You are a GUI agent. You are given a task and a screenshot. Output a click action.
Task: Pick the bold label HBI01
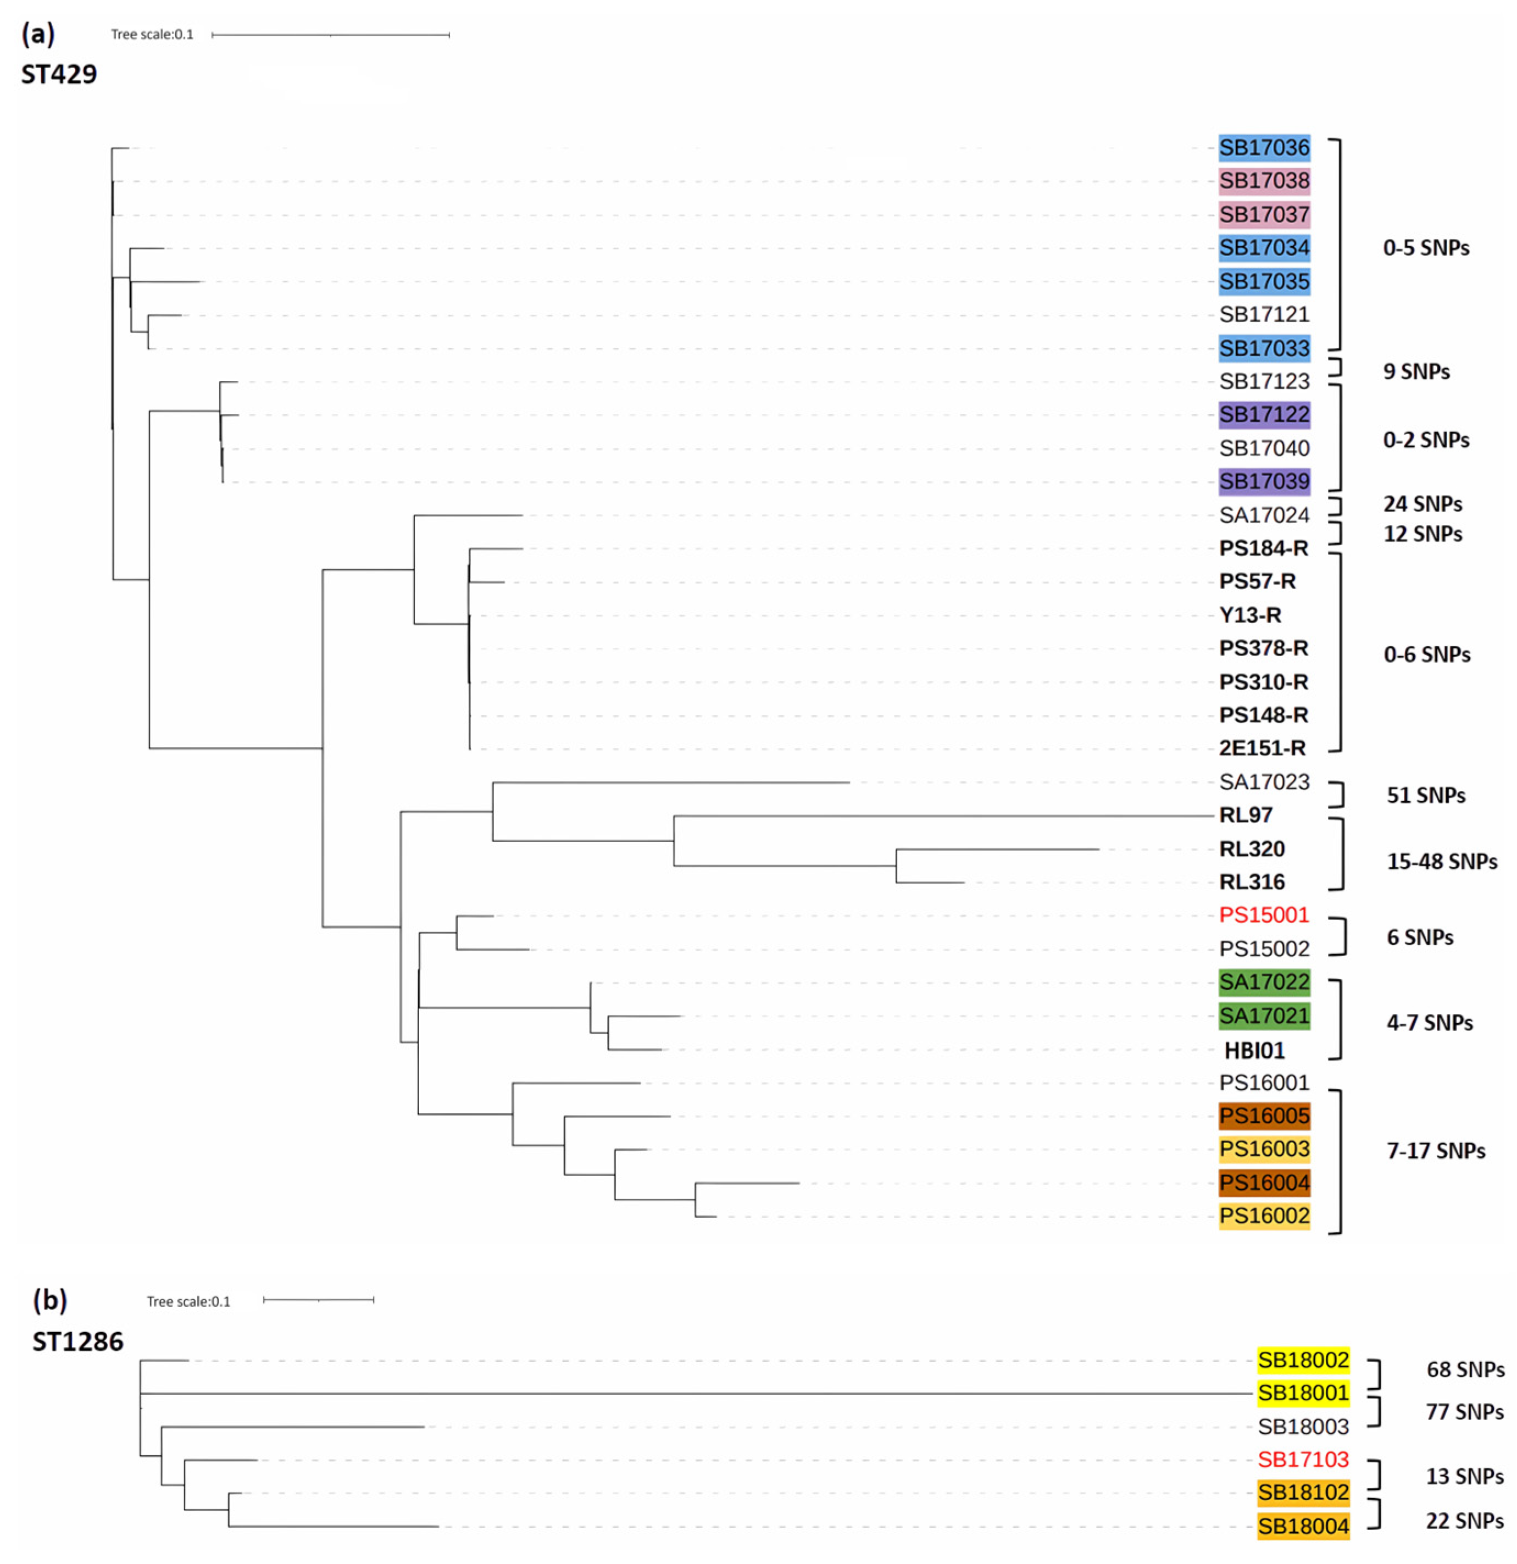(x=1254, y=1051)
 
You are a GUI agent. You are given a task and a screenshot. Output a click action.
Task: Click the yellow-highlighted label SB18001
(x=1302, y=1393)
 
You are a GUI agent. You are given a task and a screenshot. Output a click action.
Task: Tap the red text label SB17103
(x=1302, y=1460)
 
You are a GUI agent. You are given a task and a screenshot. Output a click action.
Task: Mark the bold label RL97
(x=1245, y=816)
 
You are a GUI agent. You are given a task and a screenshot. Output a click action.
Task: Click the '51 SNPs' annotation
(x=1425, y=796)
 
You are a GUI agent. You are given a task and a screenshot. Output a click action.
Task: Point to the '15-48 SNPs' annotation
(x=1441, y=862)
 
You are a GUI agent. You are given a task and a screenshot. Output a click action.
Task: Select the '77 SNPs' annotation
(x=1464, y=1412)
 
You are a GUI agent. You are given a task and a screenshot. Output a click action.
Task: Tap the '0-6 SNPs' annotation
(x=1426, y=655)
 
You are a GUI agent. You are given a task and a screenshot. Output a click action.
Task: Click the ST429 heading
(x=59, y=74)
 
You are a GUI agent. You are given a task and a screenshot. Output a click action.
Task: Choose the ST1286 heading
(x=77, y=1342)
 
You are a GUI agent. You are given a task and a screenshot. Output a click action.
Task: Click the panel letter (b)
(x=49, y=1300)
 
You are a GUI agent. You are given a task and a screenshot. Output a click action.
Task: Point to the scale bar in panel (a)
(x=330, y=35)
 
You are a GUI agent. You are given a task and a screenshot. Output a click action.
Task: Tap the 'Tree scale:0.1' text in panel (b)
(x=188, y=1301)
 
